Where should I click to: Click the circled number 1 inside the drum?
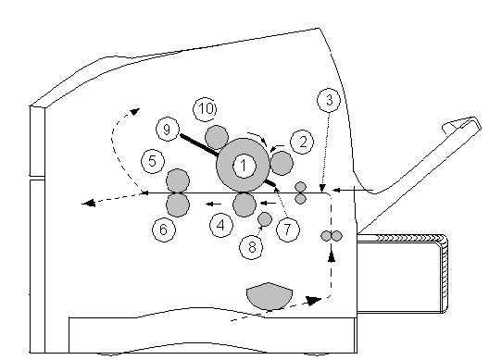pos(244,166)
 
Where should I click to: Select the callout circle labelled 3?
pos(329,100)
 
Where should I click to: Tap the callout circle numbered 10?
pos(206,109)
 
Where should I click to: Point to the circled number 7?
pos(288,230)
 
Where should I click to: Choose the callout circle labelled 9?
pos(167,129)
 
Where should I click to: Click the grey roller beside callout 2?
pos(282,163)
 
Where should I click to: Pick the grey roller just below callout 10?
pos(217,137)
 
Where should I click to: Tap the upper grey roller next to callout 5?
pos(178,180)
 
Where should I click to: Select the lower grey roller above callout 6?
pos(178,205)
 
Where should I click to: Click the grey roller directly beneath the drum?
pos(244,205)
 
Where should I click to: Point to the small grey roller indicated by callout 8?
pos(265,218)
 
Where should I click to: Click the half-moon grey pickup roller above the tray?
pos(270,295)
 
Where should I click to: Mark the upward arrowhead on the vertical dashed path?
pos(332,256)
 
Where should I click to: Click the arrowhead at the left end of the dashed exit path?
pos(88,204)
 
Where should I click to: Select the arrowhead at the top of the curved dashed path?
pos(135,111)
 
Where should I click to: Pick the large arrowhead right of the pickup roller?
pos(313,301)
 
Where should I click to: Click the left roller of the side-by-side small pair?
pos(326,236)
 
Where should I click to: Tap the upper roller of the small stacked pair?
pos(301,187)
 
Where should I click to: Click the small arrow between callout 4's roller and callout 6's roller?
pos(214,205)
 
